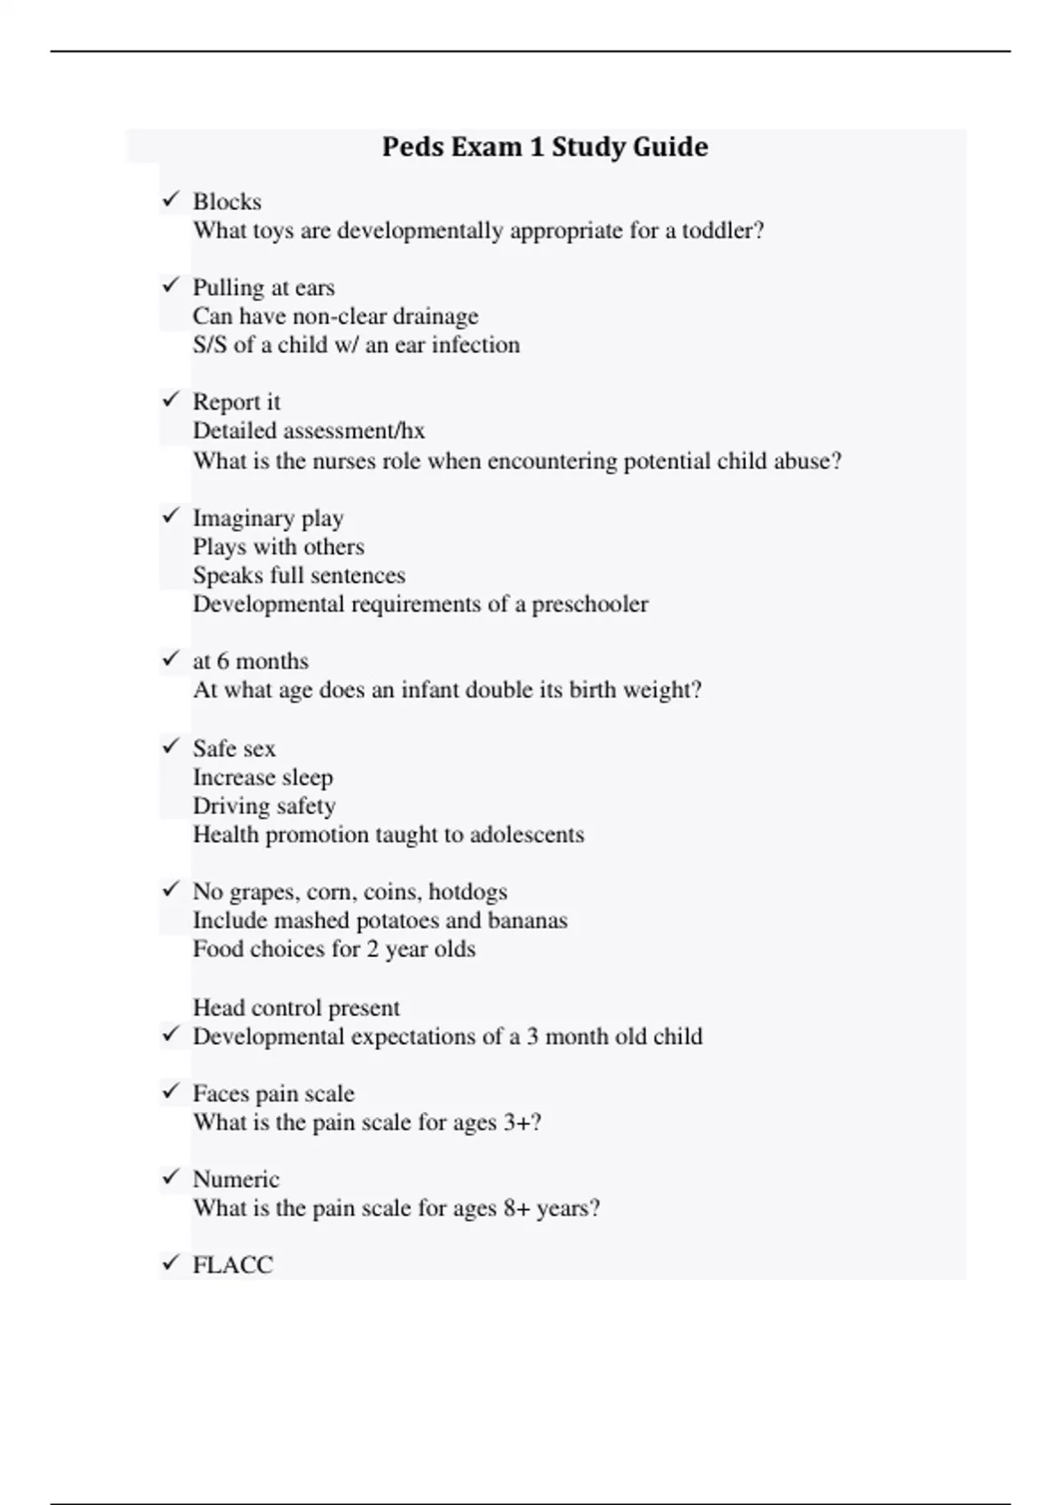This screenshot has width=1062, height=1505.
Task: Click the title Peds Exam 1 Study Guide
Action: point(544,147)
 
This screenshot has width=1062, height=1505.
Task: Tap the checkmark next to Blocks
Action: point(171,200)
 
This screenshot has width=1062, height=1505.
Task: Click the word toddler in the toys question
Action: point(722,231)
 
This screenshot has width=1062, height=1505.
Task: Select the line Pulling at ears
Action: point(264,288)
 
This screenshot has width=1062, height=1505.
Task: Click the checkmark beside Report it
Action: point(171,400)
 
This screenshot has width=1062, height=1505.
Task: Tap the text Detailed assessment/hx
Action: point(309,431)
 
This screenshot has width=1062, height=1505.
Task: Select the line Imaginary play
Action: point(268,518)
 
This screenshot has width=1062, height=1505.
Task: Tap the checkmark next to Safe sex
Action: point(171,747)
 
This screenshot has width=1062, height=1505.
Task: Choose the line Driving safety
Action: point(264,806)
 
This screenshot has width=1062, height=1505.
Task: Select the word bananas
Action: point(527,921)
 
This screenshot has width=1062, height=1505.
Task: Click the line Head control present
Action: point(296,1007)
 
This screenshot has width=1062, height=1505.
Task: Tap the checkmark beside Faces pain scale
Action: point(171,1092)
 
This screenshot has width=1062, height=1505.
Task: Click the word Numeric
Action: point(235,1179)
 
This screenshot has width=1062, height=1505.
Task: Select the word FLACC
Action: point(233,1265)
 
